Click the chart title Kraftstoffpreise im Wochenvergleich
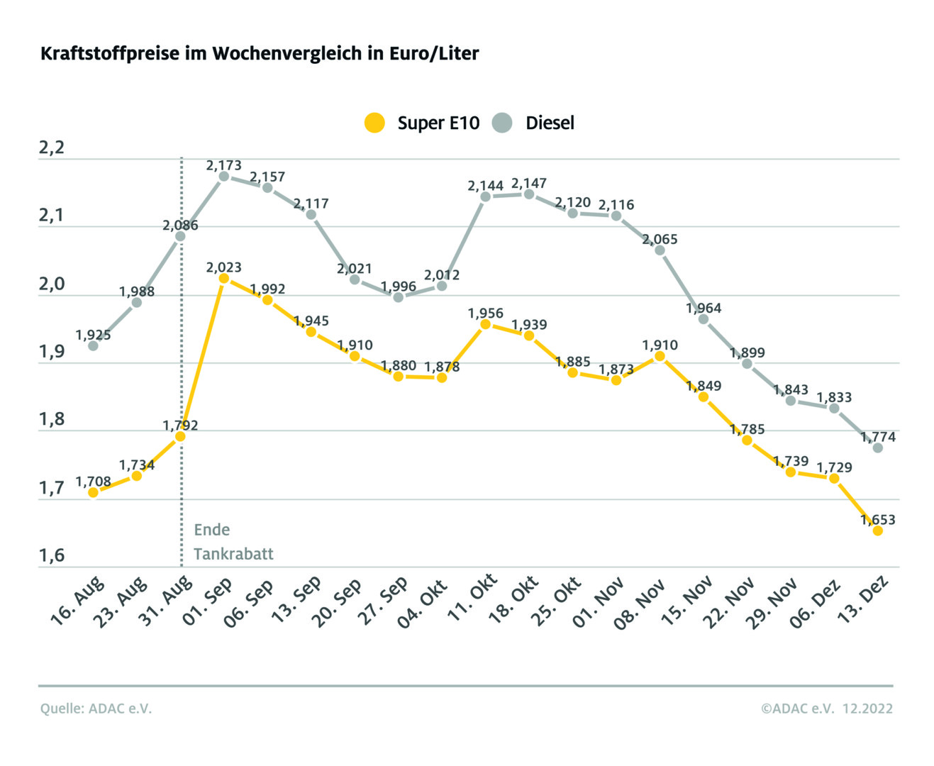tap(260, 54)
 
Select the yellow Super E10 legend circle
tap(374, 123)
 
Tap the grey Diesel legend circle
tap(502, 123)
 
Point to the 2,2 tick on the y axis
tap(52, 148)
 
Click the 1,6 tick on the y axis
tap(52, 555)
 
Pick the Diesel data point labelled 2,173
tap(224, 176)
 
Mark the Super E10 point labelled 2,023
tap(224, 279)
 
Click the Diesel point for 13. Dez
tap(877, 448)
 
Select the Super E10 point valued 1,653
tap(877, 531)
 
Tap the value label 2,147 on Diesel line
tap(529, 184)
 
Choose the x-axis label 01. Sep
tap(208, 601)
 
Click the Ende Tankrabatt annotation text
tap(233, 542)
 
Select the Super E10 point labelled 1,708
tap(93, 492)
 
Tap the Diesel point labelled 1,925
tap(93, 346)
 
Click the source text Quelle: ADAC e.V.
tap(96, 709)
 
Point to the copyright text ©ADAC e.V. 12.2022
tap(827, 709)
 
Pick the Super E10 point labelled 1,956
tap(486, 324)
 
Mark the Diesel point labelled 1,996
tap(399, 297)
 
